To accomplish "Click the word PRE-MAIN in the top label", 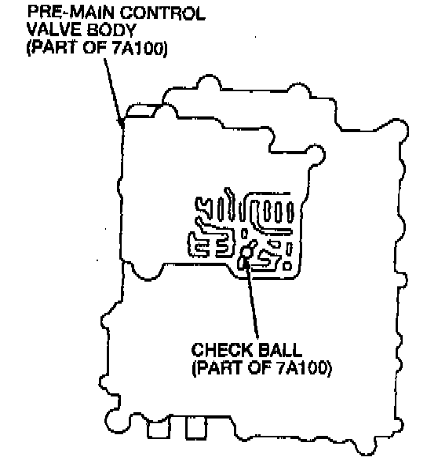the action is click(71, 13).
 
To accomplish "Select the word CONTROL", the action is click(162, 13).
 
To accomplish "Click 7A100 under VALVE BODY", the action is click(140, 47).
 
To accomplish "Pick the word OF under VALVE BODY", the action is click(95, 47).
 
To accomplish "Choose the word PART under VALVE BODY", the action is click(52, 47).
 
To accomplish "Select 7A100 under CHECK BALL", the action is click(305, 367).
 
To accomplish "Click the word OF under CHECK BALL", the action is click(260, 367).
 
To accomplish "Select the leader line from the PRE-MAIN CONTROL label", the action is click(114, 93).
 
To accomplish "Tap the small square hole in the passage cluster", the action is click(287, 266).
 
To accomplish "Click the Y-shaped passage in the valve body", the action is click(204, 207).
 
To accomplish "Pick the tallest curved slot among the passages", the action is click(230, 204).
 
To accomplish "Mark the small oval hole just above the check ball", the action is click(244, 234).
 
